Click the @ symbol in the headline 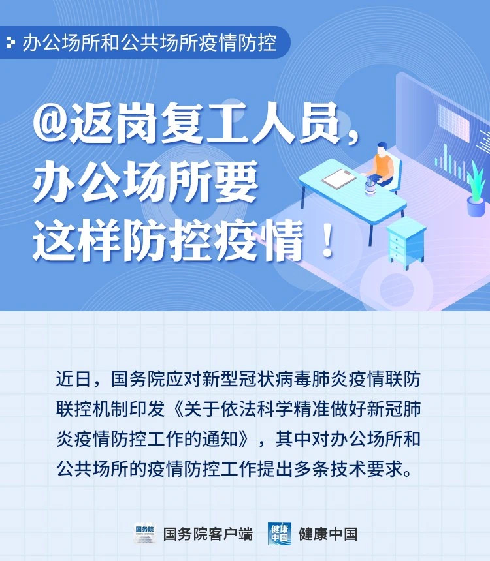pyautogui.click(x=50, y=123)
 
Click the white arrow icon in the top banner pyautogui.click(x=12, y=43)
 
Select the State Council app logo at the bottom pyautogui.click(x=145, y=533)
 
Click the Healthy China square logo pyautogui.click(x=279, y=534)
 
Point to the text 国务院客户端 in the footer pyautogui.click(x=208, y=534)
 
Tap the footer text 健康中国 pyautogui.click(x=328, y=534)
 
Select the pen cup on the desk pyautogui.click(x=370, y=187)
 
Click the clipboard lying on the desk pyautogui.click(x=338, y=177)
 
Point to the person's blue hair pyautogui.click(x=382, y=145)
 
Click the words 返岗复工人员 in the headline pyautogui.click(x=204, y=123)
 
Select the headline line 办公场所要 pyautogui.click(x=146, y=181)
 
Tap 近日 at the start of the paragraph pyautogui.click(x=73, y=379)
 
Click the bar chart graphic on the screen pyautogui.click(x=451, y=163)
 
